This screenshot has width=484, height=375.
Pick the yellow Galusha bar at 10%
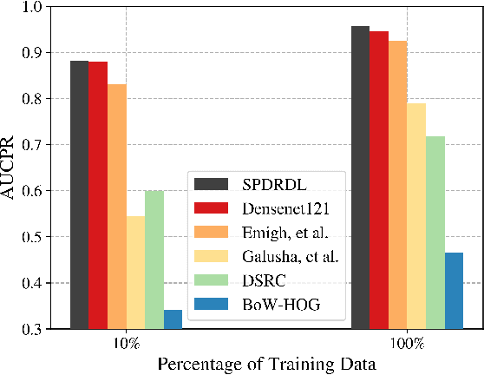135,273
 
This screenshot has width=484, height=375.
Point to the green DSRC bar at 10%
154,260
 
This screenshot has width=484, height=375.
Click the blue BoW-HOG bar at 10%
173,319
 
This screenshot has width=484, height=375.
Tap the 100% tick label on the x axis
407,344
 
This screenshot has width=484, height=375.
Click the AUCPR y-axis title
11,168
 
